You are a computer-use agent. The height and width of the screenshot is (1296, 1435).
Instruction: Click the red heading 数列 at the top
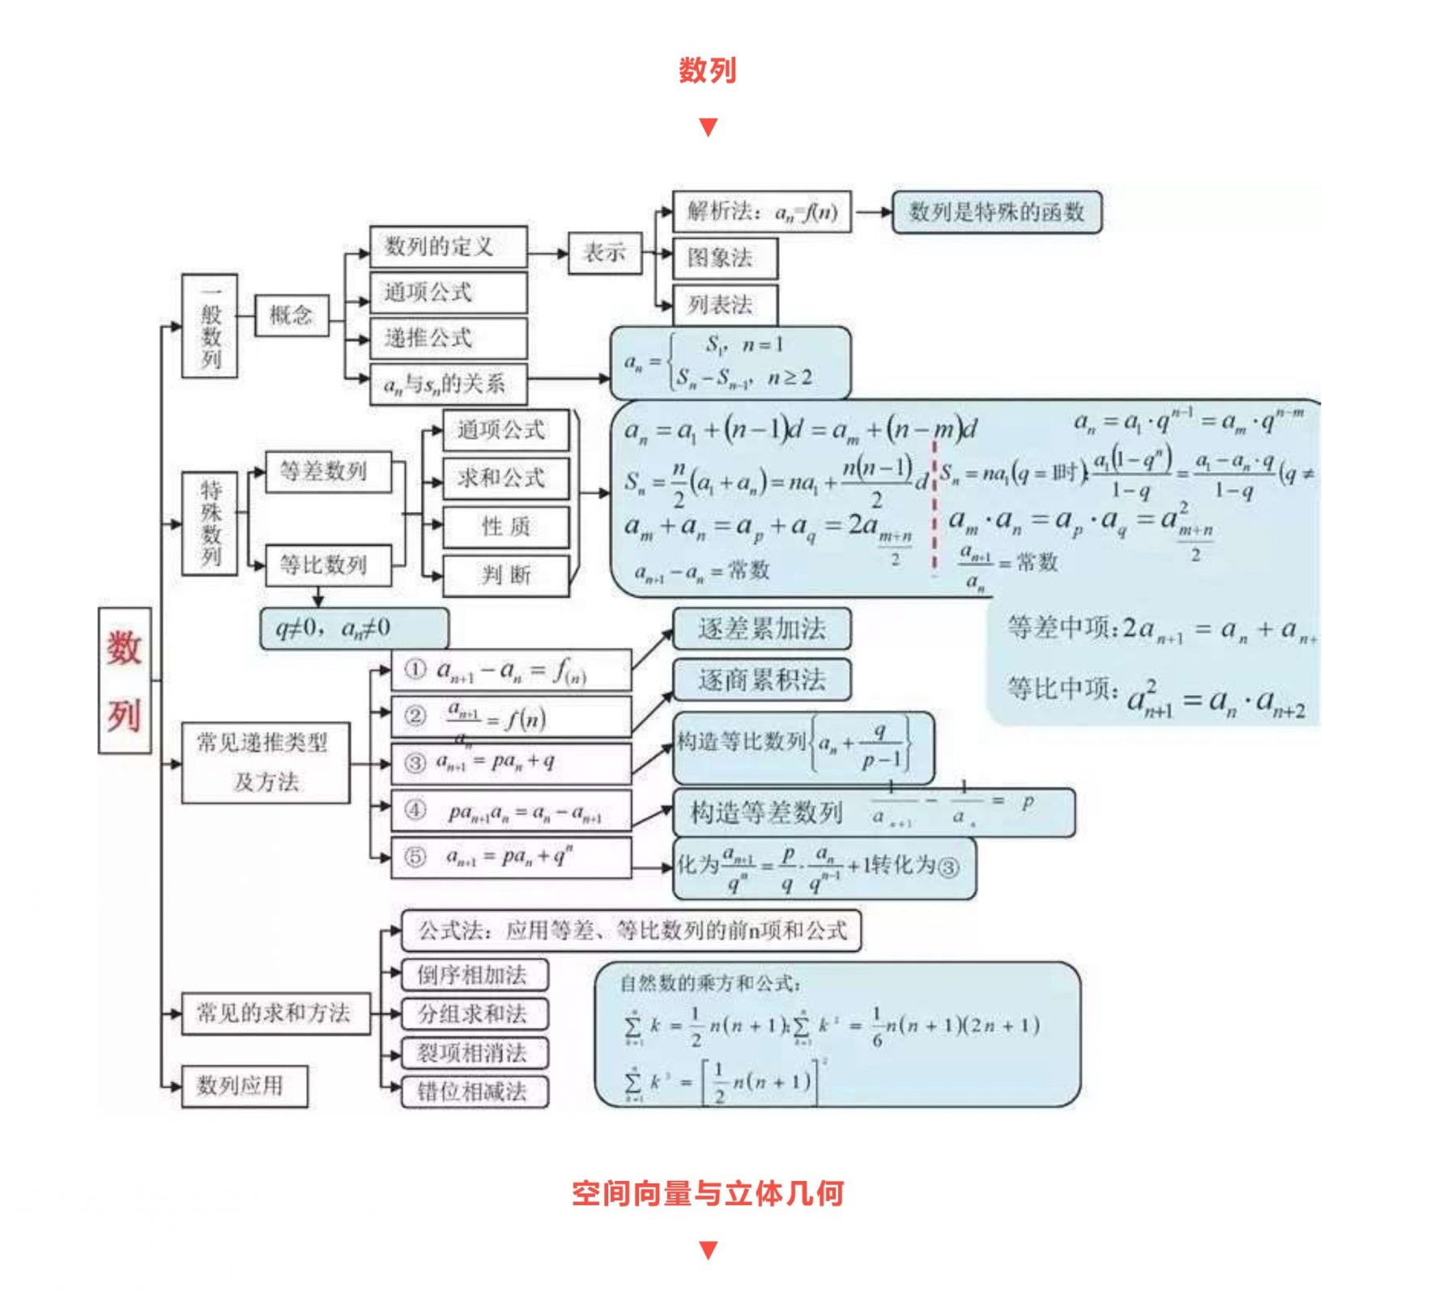(707, 70)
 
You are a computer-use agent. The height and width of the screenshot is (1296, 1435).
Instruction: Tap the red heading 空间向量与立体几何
(707, 1193)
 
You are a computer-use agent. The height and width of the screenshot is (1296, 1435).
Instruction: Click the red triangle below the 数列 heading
(708, 127)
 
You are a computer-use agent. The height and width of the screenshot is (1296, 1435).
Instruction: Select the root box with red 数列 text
(125, 680)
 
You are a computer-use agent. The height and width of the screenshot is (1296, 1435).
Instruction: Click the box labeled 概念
(292, 315)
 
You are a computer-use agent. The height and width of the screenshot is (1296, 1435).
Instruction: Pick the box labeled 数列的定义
(448, 246)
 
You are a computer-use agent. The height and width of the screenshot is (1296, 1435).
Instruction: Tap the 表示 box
(604, 253)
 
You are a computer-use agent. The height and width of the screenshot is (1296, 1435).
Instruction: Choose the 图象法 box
(725, 258)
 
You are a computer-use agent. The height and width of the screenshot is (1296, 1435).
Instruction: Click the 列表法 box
(725, 305)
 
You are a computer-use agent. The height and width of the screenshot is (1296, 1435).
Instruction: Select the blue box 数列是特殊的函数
(996, 212)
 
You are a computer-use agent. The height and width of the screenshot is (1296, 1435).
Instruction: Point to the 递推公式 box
(448, 339)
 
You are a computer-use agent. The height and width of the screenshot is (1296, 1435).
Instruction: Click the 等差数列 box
(328, 471)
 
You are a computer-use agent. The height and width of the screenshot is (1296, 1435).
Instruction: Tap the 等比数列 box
(328, 565)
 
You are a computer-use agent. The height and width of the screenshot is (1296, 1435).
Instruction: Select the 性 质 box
(505, 527)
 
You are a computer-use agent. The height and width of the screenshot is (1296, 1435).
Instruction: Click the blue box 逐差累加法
(761, 629)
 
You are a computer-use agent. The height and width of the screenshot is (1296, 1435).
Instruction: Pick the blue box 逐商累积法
(761, 680)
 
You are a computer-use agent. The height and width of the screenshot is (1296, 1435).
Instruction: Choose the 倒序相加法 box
(475, 974)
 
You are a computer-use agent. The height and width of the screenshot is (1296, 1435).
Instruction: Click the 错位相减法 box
(475, 1092)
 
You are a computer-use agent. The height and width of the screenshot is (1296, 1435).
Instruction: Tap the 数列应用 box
(244, 1086)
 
